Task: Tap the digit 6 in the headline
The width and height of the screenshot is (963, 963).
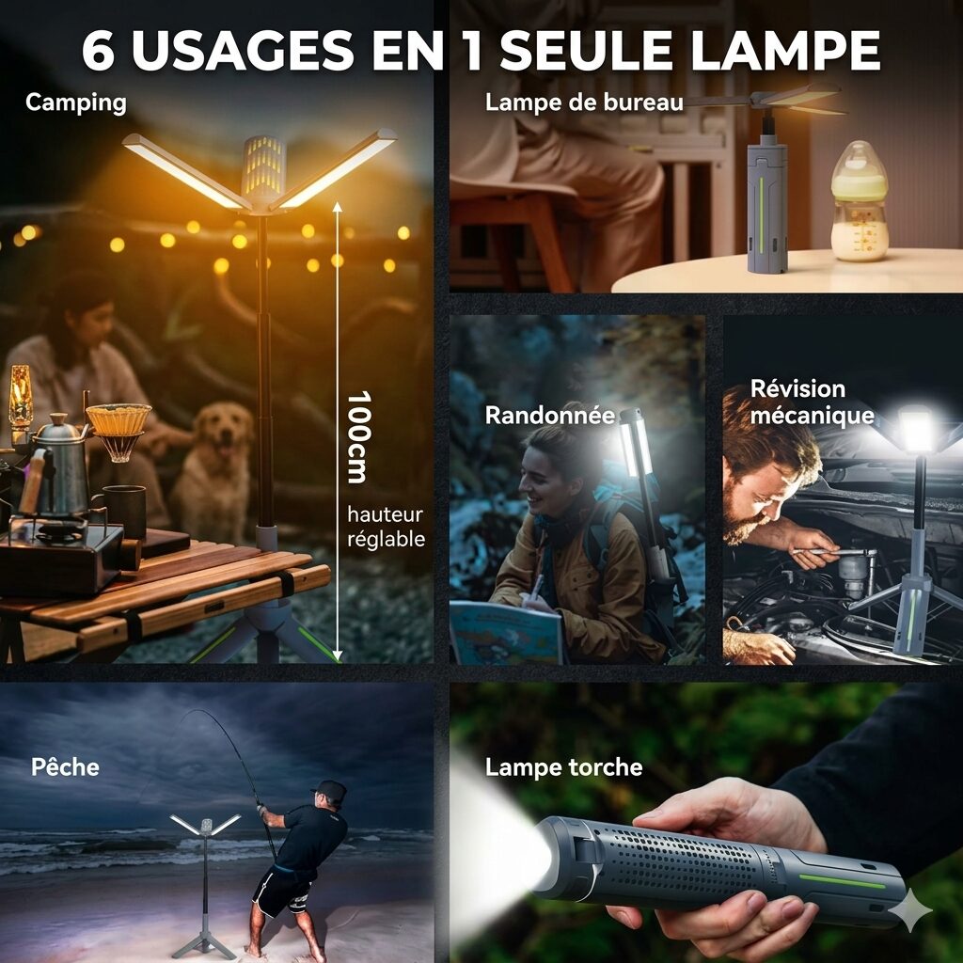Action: (98, 50)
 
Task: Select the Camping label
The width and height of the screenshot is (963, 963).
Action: (76, 103)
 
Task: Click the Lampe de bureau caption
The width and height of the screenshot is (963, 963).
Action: (584, 103)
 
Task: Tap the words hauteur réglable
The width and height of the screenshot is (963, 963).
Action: (386, 527)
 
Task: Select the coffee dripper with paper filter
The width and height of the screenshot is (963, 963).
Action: (118, 431)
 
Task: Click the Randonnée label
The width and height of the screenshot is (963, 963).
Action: (549, 415)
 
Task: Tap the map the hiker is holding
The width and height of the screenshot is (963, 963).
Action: (506, 632)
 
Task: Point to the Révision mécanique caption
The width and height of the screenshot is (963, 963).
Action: (812, 402)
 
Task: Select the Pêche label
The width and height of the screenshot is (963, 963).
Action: (65, 767)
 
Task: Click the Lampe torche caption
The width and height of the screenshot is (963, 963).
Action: (564, 767)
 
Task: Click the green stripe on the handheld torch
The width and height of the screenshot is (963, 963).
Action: (842, 882)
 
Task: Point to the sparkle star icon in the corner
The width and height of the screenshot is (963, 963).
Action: (909, 909)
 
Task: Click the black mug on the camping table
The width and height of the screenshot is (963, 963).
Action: (126, 511)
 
